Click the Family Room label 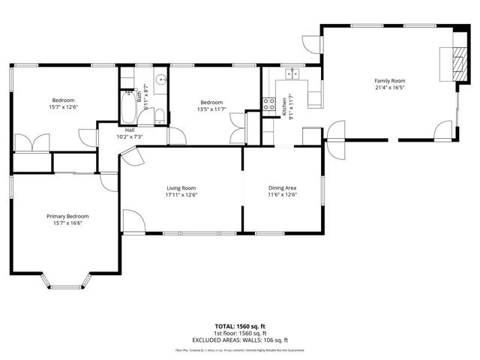[x=389, y=80]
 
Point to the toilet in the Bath [x=160, y=115]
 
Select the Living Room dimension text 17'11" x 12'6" [x=181, y=195]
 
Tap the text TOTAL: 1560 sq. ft [x=241, y=327]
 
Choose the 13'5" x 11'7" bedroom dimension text [x=211, y=109]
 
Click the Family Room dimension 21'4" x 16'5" [x=389, y=87]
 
